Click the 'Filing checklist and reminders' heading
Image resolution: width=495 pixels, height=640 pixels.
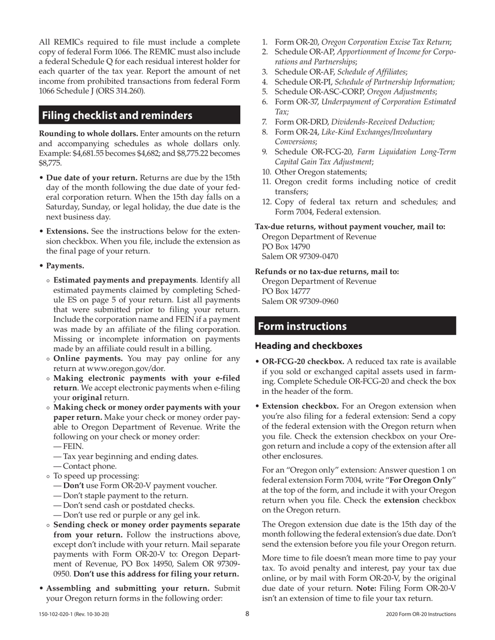117,115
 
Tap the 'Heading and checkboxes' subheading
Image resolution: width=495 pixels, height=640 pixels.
308,345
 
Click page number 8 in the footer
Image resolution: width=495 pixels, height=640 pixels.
247,613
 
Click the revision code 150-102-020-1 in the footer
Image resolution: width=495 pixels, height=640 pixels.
73,614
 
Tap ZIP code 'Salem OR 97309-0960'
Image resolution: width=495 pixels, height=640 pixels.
300,301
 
